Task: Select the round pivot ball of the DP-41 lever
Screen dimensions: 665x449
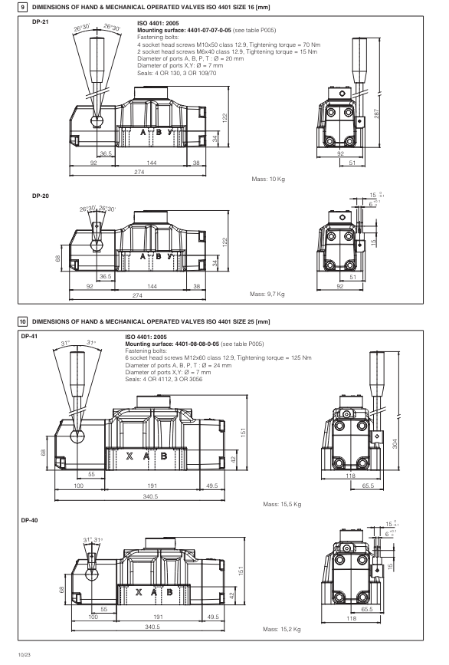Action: point(79,437)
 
